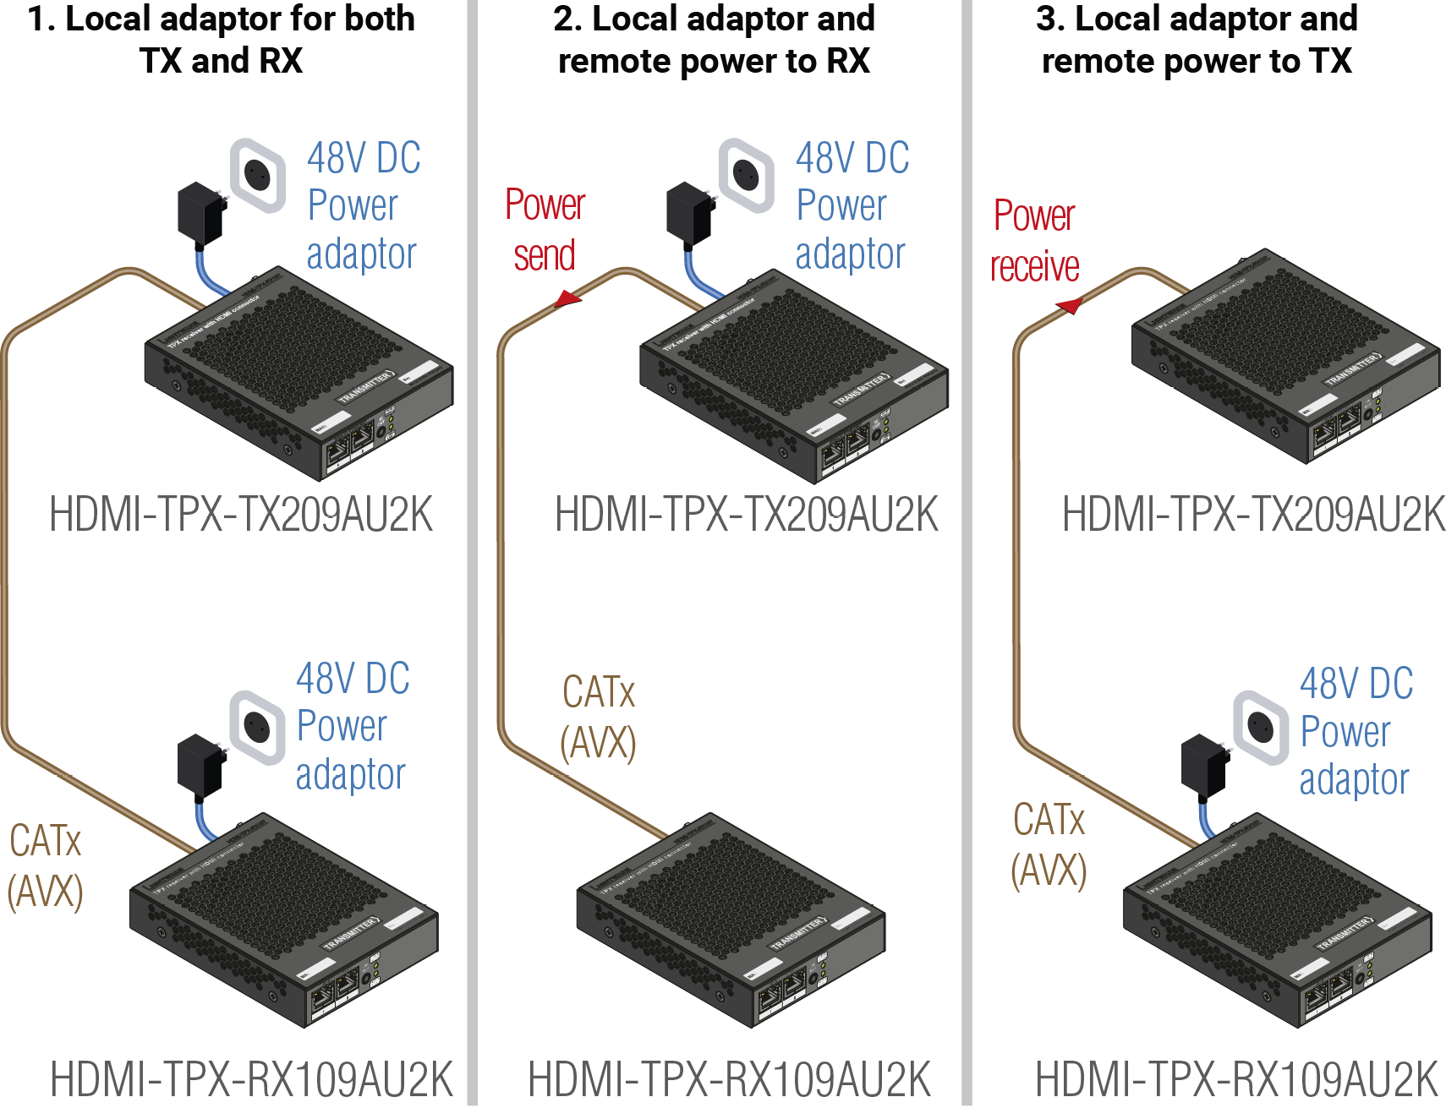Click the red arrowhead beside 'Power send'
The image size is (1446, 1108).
click(x=567, y=298)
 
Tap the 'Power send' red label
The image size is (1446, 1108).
click(x=545, y=230)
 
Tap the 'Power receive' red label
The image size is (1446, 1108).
click(x=1034, y=241)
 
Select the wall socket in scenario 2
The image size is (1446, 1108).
click(x=746, y=175)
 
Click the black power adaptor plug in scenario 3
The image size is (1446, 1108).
click(x=1204, y=766)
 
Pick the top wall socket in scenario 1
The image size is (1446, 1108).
click(x=258, y=175)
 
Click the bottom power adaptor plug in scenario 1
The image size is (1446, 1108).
click(x=200, y=765)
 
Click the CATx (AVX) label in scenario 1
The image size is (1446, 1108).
click(x=46, y=866)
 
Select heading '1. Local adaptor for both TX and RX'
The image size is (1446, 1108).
click(x=222, y=40)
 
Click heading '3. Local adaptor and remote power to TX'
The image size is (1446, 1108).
click(x=1197, y=40)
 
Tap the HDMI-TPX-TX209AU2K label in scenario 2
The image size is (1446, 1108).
click(x=746, y=515)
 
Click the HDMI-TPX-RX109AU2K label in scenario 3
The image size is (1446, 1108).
click(x=1236, y=1079)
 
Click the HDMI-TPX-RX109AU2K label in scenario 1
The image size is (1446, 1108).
click(x=252, y=1079)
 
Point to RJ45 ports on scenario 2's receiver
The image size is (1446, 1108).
click(x=782, y=992)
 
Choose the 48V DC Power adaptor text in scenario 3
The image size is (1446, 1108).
click(x=1355, y=731)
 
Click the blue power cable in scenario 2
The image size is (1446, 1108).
click(x=698, y=275)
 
